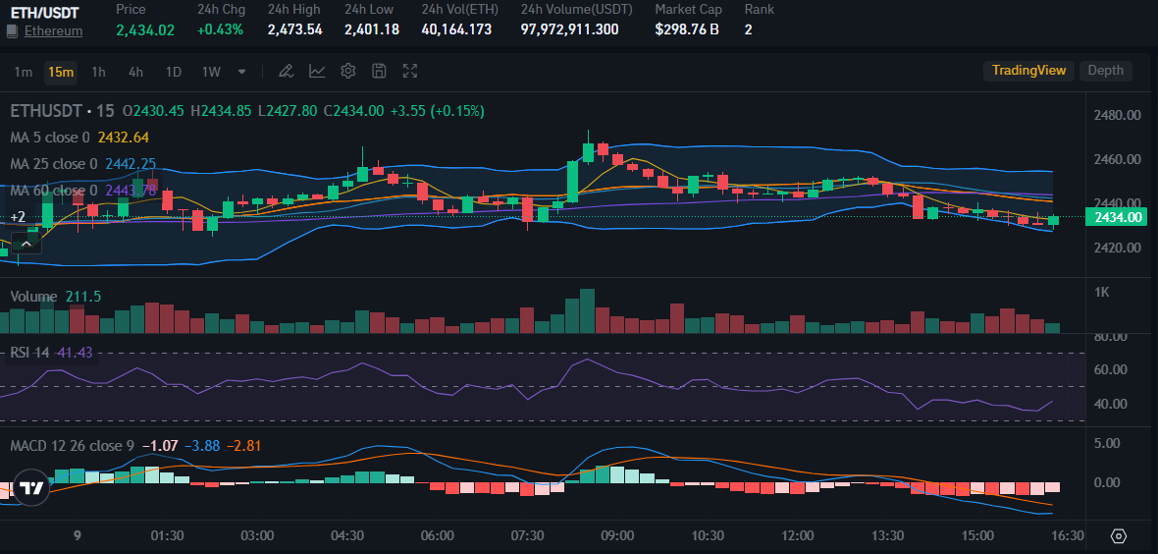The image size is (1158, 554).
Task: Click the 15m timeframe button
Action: tap(61, 72)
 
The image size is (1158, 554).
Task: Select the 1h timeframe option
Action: tap(98, 72)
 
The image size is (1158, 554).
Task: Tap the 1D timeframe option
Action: tap(173, 72)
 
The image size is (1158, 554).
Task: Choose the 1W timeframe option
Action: tap(210, 72)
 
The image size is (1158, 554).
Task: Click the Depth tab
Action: tap(1105, 71)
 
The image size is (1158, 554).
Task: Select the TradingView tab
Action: tap(1028, 71)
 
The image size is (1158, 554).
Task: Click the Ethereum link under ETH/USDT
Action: tap(53, 30)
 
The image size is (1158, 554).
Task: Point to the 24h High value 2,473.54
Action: tap(294, 29)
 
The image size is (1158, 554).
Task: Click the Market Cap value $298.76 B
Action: tap(687, 29)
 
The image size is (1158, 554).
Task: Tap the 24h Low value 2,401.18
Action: tap(371, 29)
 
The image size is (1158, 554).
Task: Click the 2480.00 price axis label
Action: tap(1117, 115)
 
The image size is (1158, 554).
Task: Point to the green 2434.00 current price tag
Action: tap(1117, 217)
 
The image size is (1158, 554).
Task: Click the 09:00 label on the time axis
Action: tap(617, 535)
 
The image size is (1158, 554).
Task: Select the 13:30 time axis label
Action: tap(887, 535)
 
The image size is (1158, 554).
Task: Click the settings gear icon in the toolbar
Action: tap(347, 72)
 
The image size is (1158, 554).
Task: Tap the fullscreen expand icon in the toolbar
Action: tap(410, 72)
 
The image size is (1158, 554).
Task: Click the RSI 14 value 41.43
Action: tap(75, 353)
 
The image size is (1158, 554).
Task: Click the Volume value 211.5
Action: tap(83, 297)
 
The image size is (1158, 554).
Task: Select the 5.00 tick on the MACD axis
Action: tap(1107, 443)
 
